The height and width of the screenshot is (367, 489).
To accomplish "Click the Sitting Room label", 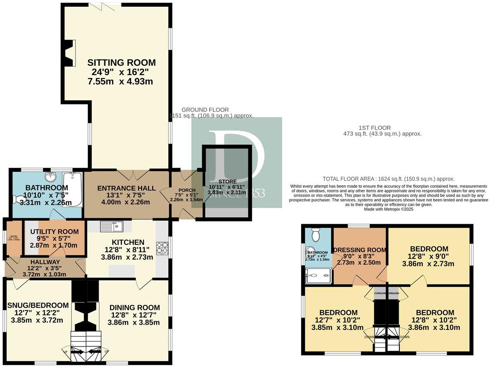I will click(121, 63).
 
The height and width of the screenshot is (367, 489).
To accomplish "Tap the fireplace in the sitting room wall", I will click(70, 53).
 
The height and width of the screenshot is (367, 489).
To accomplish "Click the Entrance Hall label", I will click(126, 188).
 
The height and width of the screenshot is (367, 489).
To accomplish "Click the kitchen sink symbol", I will click(111, 226).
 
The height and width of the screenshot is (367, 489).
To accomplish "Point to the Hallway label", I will click(45, 262).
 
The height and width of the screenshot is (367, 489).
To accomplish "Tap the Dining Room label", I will click(135, 307).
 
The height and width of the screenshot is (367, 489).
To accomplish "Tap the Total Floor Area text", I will click(388, 179).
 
